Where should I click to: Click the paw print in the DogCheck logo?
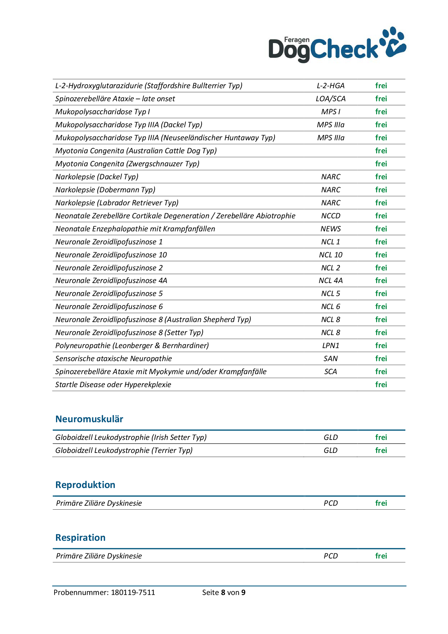point(393,43)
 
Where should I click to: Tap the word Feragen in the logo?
point(297,40)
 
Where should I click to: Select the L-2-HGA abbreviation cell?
point(331,86)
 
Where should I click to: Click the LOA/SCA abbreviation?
point(331,99)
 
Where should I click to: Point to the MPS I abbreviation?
point(331,112)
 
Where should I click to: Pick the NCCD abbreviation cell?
point(331,216)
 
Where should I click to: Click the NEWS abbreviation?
point(331,229)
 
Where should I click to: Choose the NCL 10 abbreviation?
point(331,255)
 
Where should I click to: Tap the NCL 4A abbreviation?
point(331,280)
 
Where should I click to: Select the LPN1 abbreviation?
point(331,346)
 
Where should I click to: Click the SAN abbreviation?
point(331,359)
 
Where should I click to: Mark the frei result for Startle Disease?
point(381,385)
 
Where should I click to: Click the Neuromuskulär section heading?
point(89,419)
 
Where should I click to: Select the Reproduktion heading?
point(85,485)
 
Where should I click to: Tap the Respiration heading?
point(80,537)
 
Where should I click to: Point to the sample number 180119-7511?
point(133,592)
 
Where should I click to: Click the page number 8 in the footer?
point(223,592)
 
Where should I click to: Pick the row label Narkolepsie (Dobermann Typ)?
point(105,190)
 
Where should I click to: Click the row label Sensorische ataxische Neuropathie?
point(113,359)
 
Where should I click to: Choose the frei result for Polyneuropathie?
point(381,346)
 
